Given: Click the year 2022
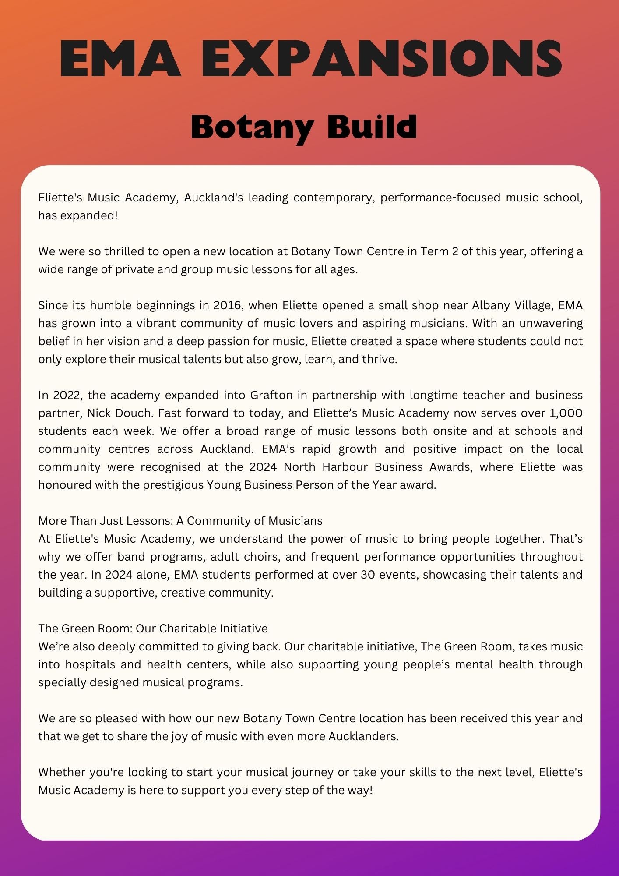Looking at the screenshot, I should click(67, 395).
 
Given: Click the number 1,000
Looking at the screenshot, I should click(565, 413).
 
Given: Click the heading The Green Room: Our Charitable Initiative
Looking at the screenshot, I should click(153, 629).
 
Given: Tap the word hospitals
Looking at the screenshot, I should click(90, 664).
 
